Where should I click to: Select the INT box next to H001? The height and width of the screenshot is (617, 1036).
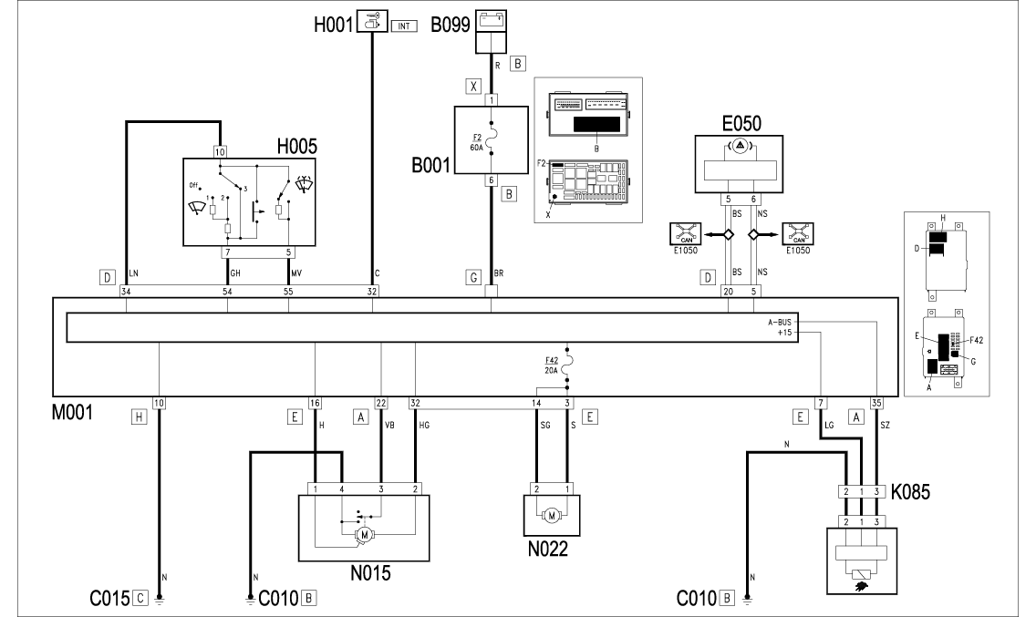click(x=403, y=26)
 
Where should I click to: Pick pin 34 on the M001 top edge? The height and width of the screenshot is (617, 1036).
click(x=126, y=292)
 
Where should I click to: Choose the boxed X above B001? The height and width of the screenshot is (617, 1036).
click(x=472, y=87)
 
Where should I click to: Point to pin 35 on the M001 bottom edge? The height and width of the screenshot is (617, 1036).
click(x=876, y=402)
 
